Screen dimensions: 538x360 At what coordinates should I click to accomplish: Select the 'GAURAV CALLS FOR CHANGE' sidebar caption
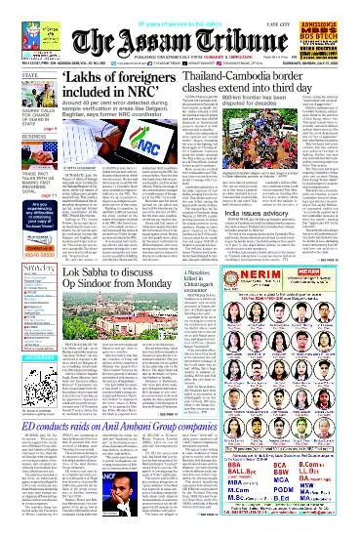click(20, 118)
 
